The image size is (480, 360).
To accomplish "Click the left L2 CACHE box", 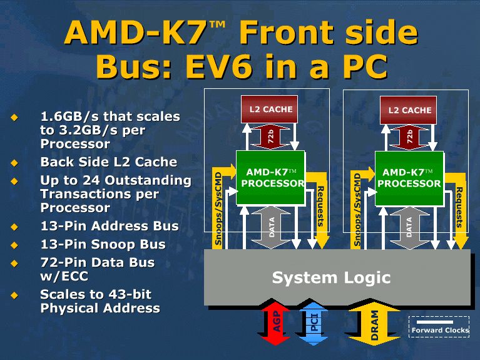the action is tap(269, 109).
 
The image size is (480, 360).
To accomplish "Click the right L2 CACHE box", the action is tap(408, 110).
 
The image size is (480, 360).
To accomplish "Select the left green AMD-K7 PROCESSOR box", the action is tap(270, 177).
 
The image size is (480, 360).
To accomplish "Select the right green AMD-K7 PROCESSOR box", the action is tap(409, 178).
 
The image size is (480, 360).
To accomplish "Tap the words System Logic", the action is tap(331, 277).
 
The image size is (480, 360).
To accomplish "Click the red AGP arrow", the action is tap(275, 323).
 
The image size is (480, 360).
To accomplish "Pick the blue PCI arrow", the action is tap(314, 323).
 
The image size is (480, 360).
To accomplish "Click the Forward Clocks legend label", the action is tap(440, 330).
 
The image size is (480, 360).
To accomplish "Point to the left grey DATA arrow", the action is tap(271, 227).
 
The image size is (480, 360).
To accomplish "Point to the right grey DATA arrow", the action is tap(409, 228).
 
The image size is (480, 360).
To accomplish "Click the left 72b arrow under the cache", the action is tap(270, 136).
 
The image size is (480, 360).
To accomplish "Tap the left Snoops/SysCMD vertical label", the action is tap(218, 208).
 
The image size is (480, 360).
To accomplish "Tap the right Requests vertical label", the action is tap(459, 207).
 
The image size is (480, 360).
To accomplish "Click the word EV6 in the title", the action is tap(218, 66).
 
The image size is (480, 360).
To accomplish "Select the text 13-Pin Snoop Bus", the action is tap(103, 244).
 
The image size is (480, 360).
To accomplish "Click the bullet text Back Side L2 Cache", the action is tap(109, 162).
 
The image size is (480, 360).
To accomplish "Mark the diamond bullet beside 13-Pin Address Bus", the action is tap(14, 227).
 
